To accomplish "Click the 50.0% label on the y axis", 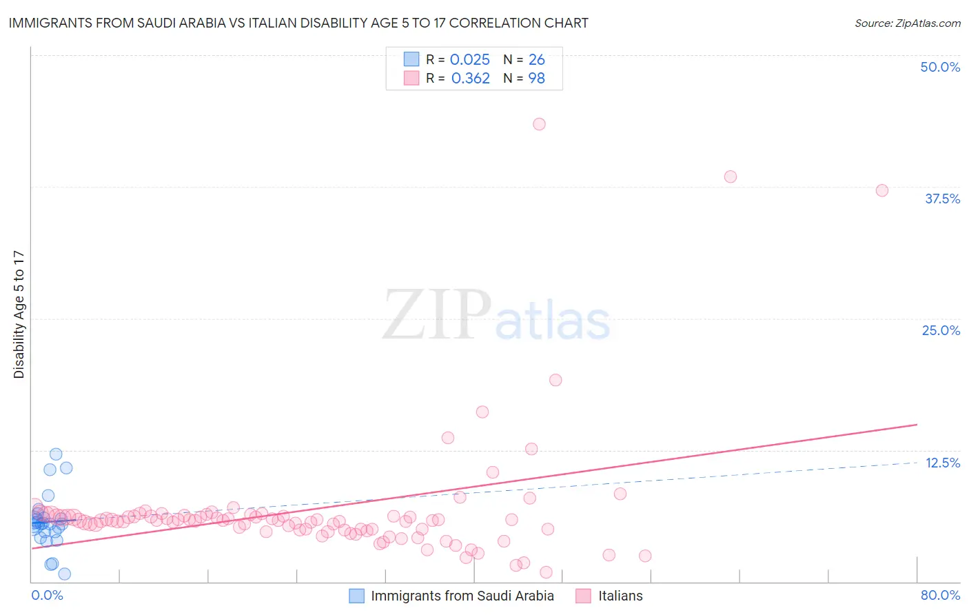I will pyautogui.click(x=940, y=67).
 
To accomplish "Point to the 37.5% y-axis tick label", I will pyautogui.click(x=942, y=199).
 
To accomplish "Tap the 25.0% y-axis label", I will pyautogui.click(x=941, y=330).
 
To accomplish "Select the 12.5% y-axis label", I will pyautogui.click(x=942, y=463).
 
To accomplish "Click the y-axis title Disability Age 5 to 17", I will pyautogui.click(x=19, y=314).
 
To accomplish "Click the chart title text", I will pyautogui.click(x=298, y=23).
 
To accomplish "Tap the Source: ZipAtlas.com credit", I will pyautogui.click(x=907, y=23).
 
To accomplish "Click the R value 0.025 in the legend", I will pyautogui.click(x=470, y=60).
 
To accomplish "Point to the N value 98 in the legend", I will pyautogui.click(x=536, y=79).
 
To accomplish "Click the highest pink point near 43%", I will pyautogui.click(x=539, y=124).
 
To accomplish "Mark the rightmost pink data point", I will pyautogui.click(x=882, y=190).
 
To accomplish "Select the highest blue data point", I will pyautogui.click(x=56, y=454).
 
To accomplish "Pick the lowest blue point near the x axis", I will pyautogui.click(x=65, y=574).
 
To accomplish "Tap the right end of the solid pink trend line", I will pyautogui.click(x=917, y=425).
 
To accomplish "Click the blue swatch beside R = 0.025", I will pyautogui.click(x=411, y=59).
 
